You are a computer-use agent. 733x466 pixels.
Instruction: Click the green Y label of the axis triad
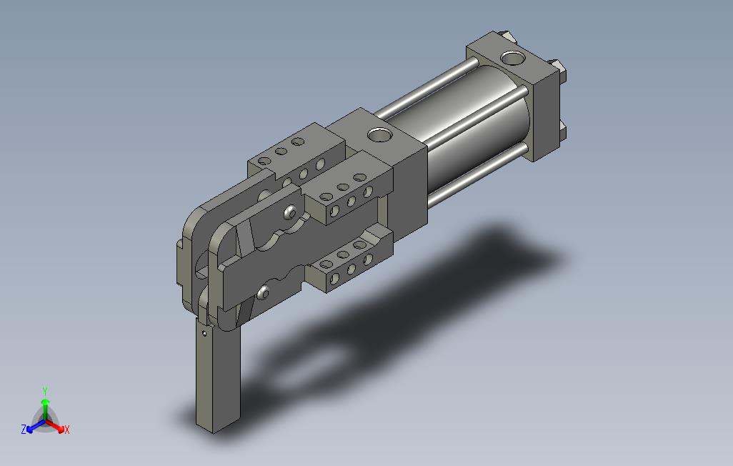tap(45, 391)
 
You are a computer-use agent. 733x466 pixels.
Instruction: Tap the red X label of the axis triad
tap(67, 430)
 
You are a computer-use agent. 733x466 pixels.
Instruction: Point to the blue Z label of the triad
tap(24, 429)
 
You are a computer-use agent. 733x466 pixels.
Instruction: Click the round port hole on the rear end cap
tap(512, 58)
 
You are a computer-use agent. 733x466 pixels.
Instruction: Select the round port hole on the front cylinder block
tap(379, 135)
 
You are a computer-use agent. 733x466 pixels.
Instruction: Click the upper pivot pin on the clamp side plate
tap(290, 212)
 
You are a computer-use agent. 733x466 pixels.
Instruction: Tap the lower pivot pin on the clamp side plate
tap(263, 293)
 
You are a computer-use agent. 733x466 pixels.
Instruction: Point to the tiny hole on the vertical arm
tap(204, 334)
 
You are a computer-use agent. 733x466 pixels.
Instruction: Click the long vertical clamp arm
tap(218, 375)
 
